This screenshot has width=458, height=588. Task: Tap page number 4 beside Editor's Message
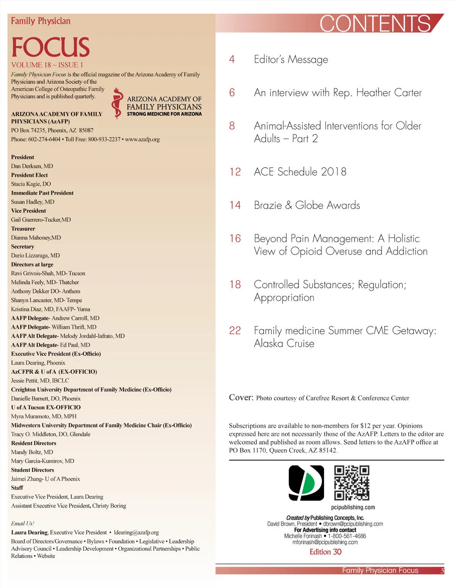pos(232,60)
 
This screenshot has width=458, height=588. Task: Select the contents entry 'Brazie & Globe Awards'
pos(307,205)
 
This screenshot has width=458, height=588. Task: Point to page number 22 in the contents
pos(235,331)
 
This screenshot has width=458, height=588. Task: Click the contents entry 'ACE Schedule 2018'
pos(300,172)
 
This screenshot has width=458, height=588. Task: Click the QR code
pos(352,483)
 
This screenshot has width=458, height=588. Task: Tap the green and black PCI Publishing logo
pos(306,483)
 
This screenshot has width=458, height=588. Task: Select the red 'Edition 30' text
pos(325,552)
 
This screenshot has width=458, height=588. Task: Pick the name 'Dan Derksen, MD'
pos(32,166)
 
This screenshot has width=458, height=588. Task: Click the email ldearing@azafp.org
pos(136,532)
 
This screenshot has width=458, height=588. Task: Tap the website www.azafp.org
pos(142,139)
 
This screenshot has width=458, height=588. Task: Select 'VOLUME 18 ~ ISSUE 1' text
pos(47,65)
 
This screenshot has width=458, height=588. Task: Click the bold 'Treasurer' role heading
pos(23,229)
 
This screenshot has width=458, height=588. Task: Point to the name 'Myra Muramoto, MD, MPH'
pos(44,416)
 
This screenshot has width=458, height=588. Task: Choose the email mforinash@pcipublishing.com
pos(325,542)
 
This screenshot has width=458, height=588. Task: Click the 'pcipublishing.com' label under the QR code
pos(353,507)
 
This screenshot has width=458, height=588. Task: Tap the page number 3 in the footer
pos(442,571)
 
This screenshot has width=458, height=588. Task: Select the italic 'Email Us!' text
pos(23,523)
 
